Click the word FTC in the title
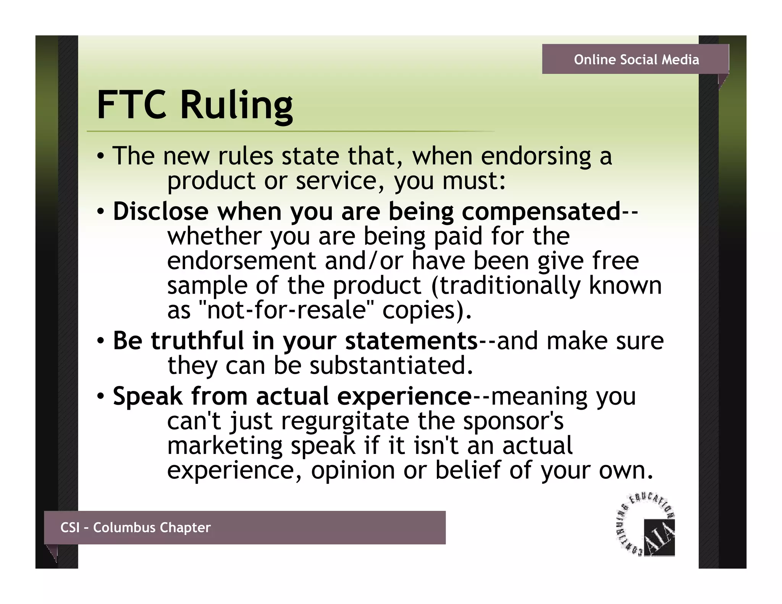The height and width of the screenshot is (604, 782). coord(131,105)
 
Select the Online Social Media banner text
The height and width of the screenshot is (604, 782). coord(636,60)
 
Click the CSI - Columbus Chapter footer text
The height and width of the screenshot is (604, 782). coord(136,527)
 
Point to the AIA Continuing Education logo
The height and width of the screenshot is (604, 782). coord(646,525)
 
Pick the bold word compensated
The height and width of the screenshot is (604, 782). coord(541,212)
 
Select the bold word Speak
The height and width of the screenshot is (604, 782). coord(147,396)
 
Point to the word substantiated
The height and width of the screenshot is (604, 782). coord(391,365)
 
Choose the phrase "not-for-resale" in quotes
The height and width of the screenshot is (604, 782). coord(286,310)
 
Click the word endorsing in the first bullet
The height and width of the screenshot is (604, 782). coord(536,157)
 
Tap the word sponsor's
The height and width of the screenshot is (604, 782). coord(513,421)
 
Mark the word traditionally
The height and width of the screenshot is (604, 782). coord(510,286)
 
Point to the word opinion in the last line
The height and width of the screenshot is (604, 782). coord(353,470)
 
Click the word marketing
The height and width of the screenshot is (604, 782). coord(225,446)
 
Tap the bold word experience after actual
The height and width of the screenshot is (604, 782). coord(404,396)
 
